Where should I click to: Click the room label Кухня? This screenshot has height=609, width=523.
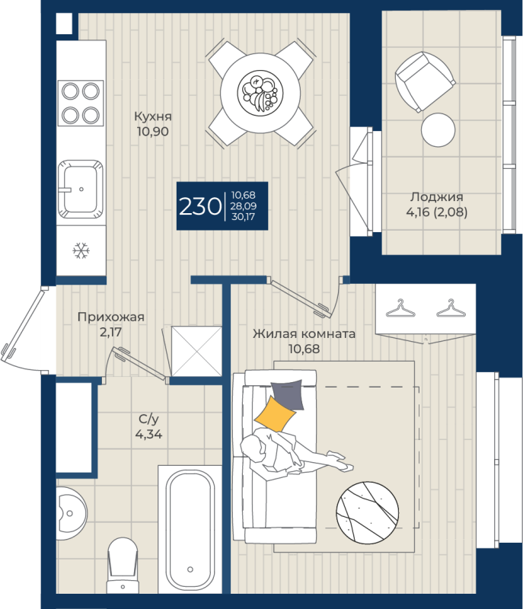pos(152,116)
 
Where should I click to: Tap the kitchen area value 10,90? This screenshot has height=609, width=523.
pos(152,132)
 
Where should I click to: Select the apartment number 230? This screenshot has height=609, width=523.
pos(200,206)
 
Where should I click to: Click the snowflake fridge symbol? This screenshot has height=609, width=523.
pos(81,251)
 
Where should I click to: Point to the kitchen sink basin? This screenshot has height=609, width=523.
pos(81,189)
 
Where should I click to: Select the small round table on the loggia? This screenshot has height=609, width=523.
pos(438,129)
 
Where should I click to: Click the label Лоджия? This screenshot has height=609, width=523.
pos(437,197)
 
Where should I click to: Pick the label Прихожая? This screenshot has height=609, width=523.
pos(111,317)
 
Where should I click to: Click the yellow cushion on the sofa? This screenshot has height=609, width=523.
pos(276,413)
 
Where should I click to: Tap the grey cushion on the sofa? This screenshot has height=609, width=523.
pos(287,394)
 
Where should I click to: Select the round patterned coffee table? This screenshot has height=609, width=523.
pos(367,512)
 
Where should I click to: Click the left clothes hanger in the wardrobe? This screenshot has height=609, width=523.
pos(400,308)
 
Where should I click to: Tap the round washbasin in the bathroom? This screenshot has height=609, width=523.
pos(71,513)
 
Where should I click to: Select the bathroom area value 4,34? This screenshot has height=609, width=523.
pos(148,434)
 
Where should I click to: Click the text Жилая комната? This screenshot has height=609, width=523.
pos(304,333)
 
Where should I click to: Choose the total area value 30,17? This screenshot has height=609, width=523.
pos(244,217)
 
